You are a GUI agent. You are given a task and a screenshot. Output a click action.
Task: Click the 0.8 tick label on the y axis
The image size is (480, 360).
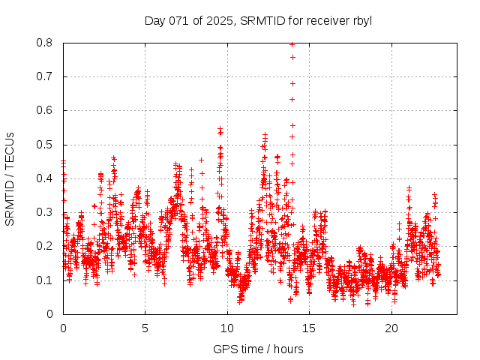click(x=46, y=43)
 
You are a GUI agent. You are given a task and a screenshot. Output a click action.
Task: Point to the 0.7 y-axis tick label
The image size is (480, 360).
click(x=46, y=76)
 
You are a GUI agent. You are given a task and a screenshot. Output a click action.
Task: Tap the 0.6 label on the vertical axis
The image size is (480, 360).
click(x=46, y=110)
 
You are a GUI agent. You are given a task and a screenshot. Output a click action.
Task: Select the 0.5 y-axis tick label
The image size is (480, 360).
click(x=46, y=145)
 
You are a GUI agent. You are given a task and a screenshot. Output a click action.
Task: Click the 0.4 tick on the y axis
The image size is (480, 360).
click(x=46, y=178)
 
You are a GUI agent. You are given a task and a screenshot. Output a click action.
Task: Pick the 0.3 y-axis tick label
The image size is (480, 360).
click(x=46, y=212)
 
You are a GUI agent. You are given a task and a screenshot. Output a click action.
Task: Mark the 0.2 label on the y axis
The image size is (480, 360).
click(x=46, y=246)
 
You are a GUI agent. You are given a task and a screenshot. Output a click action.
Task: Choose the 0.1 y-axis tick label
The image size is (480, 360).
click(x=46, y=280)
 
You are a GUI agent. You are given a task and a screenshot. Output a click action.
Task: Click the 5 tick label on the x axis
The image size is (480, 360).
click(x=145, y=328)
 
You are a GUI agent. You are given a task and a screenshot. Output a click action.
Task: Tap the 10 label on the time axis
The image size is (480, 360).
click(x=227, y=328)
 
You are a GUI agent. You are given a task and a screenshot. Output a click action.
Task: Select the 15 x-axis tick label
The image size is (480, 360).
click(x=310, y=328)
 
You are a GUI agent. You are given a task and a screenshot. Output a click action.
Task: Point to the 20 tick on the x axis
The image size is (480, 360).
click(x=391, y=328)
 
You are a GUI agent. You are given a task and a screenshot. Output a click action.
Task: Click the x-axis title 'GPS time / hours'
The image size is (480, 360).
click(x=258, y=349)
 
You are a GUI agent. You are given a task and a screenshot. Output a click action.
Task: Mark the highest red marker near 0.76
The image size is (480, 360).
click(x=292, y=57)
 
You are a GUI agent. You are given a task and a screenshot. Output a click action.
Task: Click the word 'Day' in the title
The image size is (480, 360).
click(x=155, y=20)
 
